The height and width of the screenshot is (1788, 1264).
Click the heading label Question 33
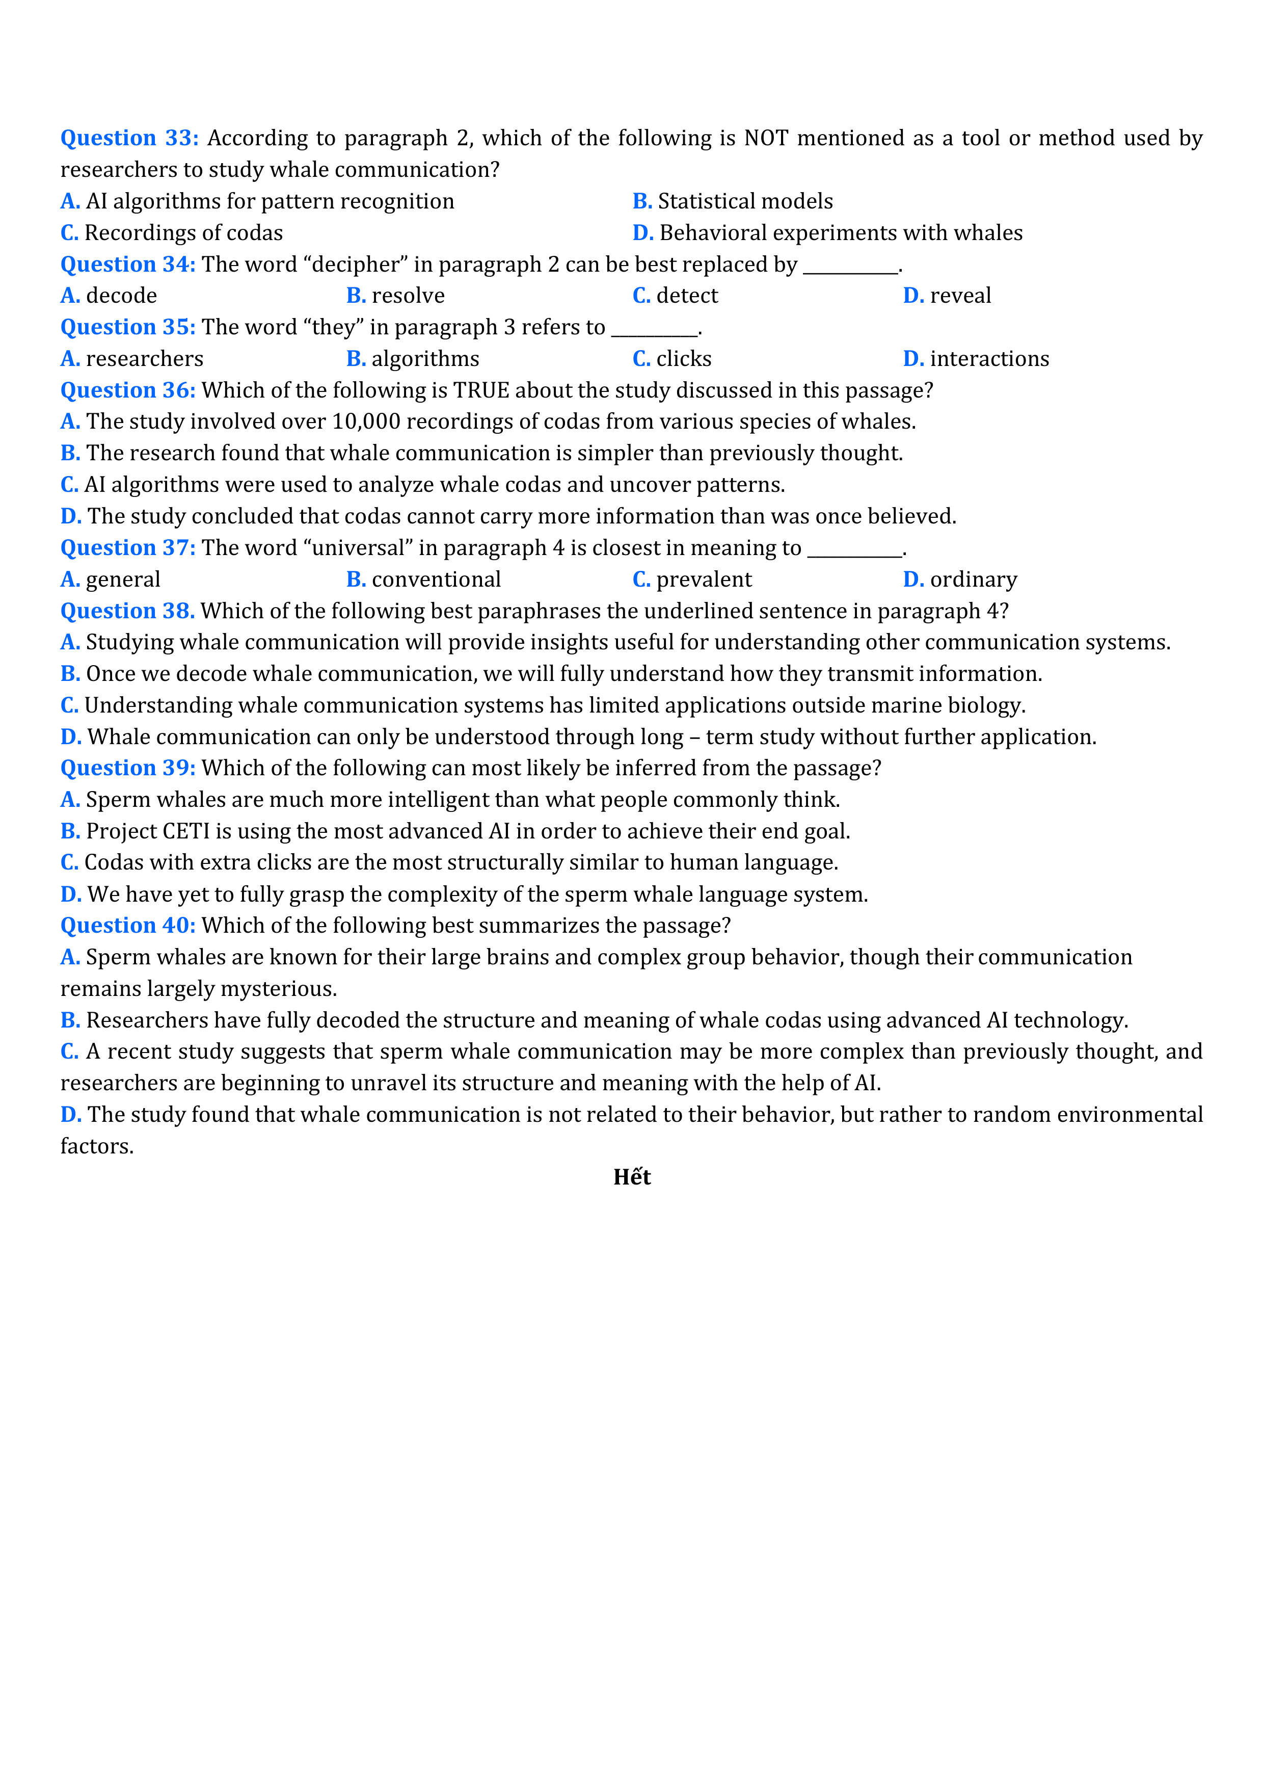point(129,138)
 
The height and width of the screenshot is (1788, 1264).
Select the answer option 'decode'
point(121,296)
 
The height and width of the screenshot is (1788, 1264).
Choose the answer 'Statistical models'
point(745,202)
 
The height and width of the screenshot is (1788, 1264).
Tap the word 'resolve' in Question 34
point(408,296)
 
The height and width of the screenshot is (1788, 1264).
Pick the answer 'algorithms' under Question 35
point(425,359)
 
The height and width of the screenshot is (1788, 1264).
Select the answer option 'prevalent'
point(704,580)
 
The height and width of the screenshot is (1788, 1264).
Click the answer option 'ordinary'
point(973,580)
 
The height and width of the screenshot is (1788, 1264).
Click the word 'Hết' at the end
point(631,1177)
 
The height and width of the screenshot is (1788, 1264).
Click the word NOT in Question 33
point(767,138)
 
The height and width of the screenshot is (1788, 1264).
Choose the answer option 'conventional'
point(436,580)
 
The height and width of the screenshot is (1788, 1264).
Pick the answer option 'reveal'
point(960,296)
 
